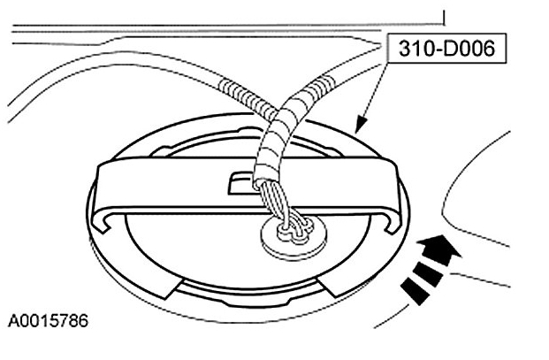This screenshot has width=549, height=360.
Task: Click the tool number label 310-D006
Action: [446, 50]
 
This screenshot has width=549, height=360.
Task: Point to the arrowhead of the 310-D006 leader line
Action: [357, 129]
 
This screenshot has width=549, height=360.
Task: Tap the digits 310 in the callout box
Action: [410, 50]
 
